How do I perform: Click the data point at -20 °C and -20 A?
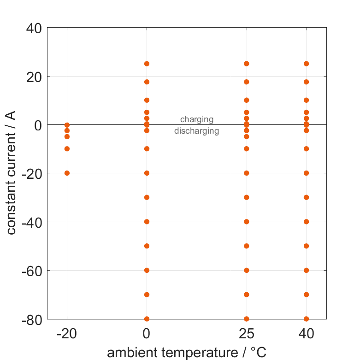[67, 173]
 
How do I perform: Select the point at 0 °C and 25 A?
[147, 64]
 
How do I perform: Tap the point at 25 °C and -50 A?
[247, 246]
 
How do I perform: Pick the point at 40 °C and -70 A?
[306, 295]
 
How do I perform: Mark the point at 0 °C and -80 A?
[147, 319]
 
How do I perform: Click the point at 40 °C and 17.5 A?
[306, 82]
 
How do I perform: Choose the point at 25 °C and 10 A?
[247, 100]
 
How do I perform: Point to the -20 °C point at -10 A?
[67, 149]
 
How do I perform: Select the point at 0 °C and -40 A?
[147, 222]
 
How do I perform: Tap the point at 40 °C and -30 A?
[306, 197]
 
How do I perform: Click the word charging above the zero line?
[197, 119]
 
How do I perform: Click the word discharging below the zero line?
[197, 131]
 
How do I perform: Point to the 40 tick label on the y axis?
[32, 28]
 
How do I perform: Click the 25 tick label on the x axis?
[247, 334]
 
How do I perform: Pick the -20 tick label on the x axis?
[67, 334]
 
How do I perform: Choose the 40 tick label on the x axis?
[306, 334]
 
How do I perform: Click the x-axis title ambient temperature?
[187, 353]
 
